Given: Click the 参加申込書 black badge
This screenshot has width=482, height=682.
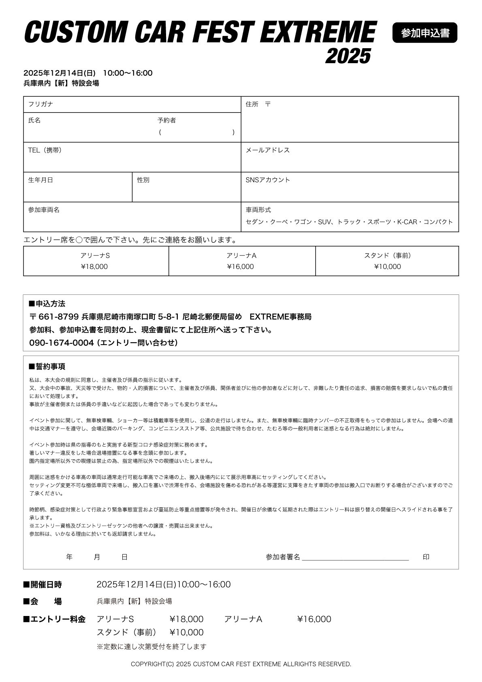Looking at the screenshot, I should [424, 33].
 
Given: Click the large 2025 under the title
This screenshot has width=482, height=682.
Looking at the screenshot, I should [348, 56].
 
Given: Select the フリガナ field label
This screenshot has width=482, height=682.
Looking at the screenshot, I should [41, 104].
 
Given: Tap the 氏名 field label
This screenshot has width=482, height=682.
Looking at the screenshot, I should [34, 120].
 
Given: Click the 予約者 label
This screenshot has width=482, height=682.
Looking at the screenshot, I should [166, 120].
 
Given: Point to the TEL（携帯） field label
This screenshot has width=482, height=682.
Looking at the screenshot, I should [45, 150].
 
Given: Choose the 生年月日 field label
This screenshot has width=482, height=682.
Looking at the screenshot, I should [41, 180].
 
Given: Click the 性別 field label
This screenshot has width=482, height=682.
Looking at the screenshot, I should [143, 180].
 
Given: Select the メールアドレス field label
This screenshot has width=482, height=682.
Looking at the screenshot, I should [268, 150].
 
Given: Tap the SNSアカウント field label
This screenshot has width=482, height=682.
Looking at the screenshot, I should [268, 180].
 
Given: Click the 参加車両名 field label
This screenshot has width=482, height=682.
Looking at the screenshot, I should [44, 210].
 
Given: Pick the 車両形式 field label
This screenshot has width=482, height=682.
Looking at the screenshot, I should [258, 210].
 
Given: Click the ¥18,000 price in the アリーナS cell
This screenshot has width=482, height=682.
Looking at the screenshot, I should [94, 266].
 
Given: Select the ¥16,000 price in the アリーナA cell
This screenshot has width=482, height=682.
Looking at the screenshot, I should [241, 266].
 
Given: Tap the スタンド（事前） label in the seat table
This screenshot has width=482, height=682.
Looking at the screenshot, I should [388, 256].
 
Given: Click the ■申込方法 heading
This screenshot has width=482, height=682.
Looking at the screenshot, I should [47, 304].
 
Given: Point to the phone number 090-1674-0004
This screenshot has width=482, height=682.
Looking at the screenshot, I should [62, 343].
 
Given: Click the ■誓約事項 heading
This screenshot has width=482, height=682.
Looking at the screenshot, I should [47, 367].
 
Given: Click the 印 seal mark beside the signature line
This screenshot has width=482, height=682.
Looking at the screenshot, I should [426, 557].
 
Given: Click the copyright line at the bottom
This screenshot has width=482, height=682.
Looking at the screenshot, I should [241, 664].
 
